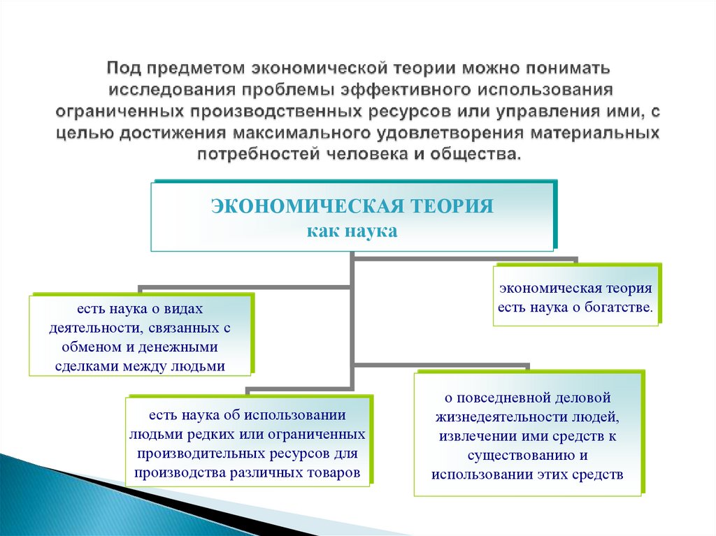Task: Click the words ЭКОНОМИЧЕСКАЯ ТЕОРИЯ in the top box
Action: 352,206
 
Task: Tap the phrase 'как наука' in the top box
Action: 352,231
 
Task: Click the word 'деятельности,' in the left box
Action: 87,328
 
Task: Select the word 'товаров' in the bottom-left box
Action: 334,472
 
